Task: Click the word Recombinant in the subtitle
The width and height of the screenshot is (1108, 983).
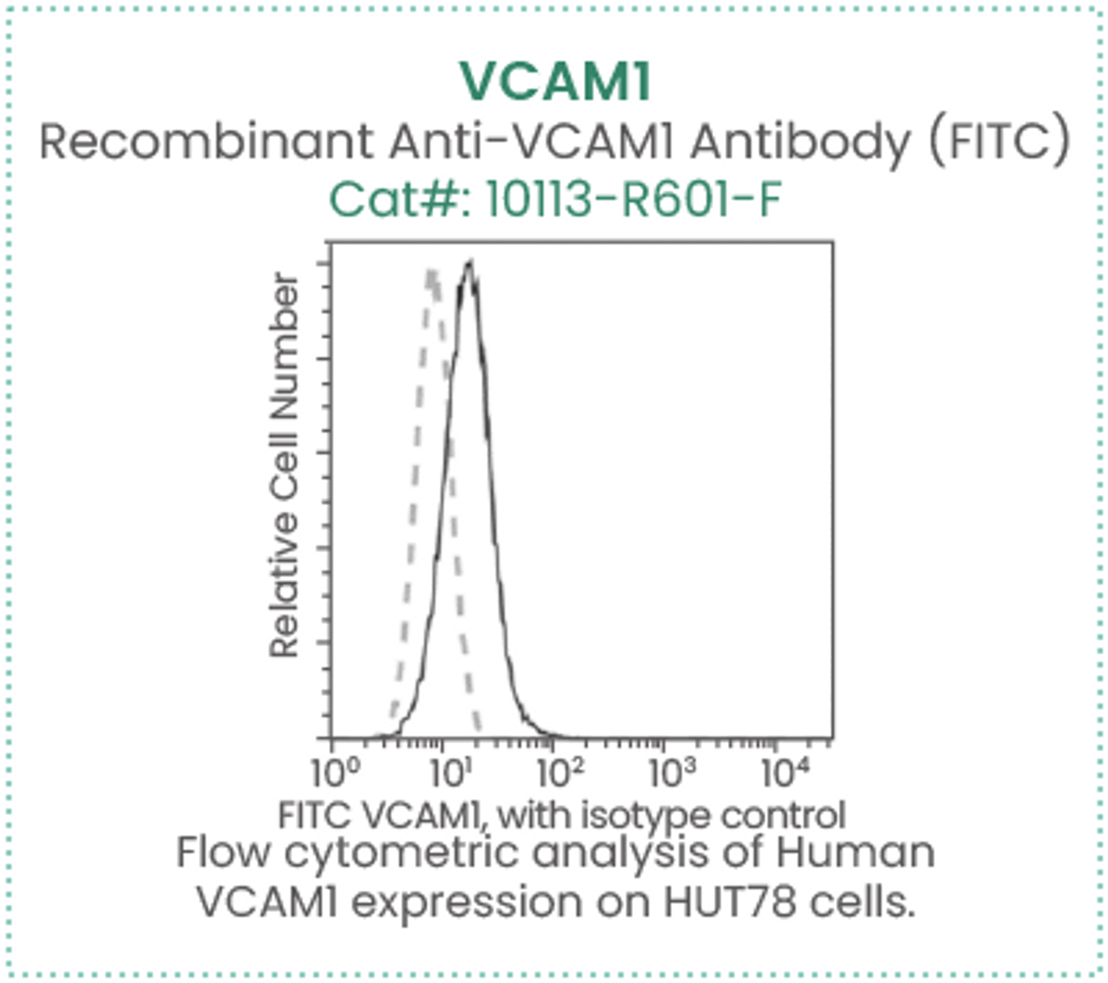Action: point(207,141)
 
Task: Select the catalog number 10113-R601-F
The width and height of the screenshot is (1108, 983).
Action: point(633,199)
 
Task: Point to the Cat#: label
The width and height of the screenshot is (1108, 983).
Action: point(400,199)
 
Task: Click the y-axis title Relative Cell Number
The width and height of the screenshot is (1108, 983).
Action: point(284,465)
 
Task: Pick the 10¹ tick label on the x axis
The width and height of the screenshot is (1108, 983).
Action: point(451,773)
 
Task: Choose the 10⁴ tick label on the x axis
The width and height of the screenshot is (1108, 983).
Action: point(785,773)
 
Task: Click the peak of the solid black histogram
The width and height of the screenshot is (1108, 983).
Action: point(469,263)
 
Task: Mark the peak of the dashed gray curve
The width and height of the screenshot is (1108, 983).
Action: point(431,270)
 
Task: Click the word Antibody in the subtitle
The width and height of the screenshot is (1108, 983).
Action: point(800,142)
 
